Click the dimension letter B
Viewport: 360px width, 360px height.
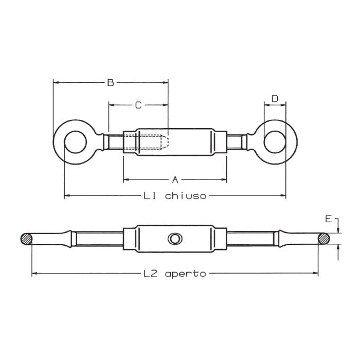[x=110, y=82]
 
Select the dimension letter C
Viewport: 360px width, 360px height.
[x=138, y=105]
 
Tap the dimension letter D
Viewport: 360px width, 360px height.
[x=275, y=98]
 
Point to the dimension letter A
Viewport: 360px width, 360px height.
[x=175, y=179]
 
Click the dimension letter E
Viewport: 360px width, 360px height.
[x=328, y=219]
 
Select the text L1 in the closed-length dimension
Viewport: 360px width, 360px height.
[x=150, y=195]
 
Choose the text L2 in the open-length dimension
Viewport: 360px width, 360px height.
[x=150, y=274]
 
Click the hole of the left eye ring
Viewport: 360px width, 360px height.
[x=75, y=141]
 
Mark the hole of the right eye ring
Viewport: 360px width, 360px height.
[x=275, y=141]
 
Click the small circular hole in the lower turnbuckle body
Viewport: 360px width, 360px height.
[x=175, y=239]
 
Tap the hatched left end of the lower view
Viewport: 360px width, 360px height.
[x=26, y=239]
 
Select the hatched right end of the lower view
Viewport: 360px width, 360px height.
[x=323, y=239]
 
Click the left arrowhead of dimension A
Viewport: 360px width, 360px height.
[x=126, y=179]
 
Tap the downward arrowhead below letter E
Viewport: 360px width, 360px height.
[x=338, y=230]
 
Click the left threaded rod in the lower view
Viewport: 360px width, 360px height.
[x=98, y=239]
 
